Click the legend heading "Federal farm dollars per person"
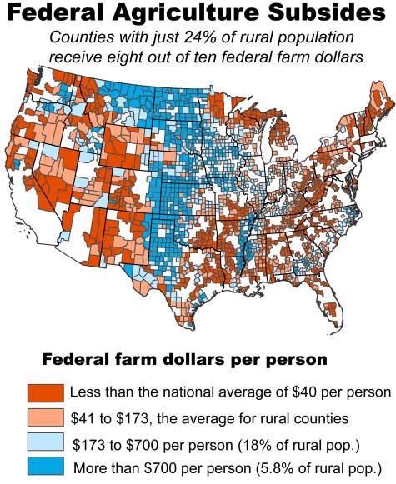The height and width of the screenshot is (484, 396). [x=183, y=360]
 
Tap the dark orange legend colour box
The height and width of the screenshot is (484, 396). [x=42, y=392]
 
